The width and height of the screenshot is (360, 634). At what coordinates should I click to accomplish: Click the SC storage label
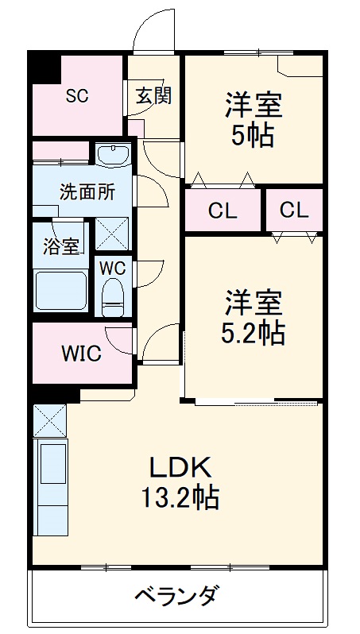pos(76,96)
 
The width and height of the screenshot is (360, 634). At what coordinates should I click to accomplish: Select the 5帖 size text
pos(254,135)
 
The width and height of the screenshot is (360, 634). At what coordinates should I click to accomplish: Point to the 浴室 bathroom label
pos(61,245)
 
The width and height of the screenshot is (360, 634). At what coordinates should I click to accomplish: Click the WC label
pos(112,267)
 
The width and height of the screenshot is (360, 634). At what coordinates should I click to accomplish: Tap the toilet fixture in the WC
pos(114,296)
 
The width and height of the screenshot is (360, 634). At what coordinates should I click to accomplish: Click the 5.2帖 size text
pos(253,334)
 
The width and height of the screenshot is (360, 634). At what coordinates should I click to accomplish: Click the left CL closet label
pos(223,211)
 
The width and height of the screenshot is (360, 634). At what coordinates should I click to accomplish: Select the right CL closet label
pos(293,211)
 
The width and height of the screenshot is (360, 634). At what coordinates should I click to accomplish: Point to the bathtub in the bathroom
pos(60,291)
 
